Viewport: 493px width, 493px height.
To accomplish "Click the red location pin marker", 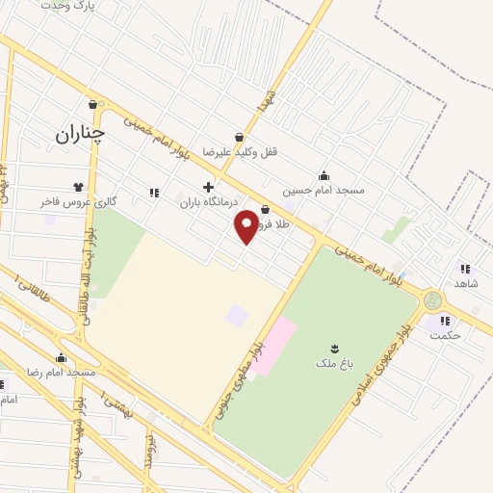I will (x=246, y=225).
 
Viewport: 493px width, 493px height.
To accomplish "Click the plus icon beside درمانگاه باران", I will (x=207, y=187).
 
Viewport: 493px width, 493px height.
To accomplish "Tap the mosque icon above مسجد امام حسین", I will (x=324, y=175).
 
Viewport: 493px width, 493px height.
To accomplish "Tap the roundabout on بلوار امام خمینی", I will (x=432, y=300).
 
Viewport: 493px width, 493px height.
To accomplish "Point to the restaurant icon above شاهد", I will (x=466, y=269).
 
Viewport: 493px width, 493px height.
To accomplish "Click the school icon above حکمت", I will (x=444, y=321).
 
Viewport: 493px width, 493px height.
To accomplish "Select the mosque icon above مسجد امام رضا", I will (x=62, y=358).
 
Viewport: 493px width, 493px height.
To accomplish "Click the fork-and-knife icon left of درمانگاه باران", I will (x=154, y=193).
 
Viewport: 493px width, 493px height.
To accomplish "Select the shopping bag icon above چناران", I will (x=93, y=105).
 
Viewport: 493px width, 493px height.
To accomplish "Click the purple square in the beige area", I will (x=236, y=315).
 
